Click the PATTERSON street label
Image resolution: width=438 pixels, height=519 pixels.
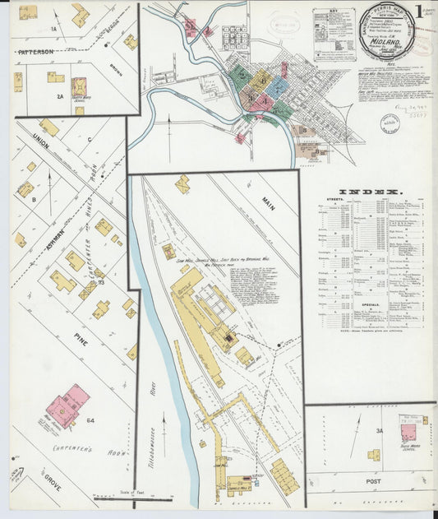click(x=35, y=50)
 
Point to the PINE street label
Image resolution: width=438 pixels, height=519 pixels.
click(x=81, y=337)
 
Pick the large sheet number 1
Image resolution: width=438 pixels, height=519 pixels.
click(x=419, y=12)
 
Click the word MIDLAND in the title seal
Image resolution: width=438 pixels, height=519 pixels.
click(x=385, y=37)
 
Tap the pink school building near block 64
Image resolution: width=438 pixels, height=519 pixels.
click(x=68, y=405)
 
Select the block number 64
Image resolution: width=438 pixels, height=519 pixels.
click(x=90, y=420)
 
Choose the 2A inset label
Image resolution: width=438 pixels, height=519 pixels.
click(x=59, y=96)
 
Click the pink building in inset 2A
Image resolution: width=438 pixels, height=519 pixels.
click(x=79, y=86)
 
